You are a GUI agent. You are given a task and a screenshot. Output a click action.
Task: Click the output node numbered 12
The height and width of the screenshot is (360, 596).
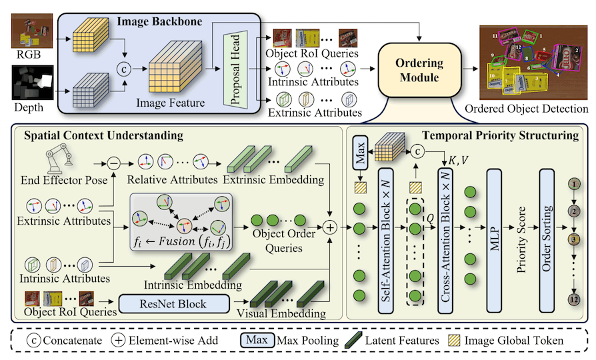pyautogui.click(x=574, y=300)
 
